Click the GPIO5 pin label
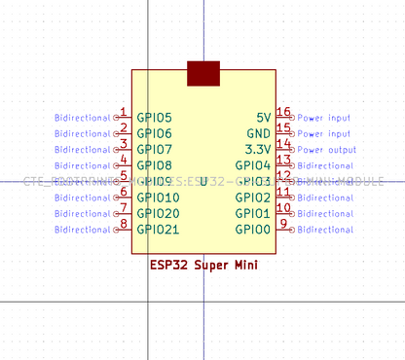pyautogui.click(x=154, y=118)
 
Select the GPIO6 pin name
pyautogui.click(x=154, y=133)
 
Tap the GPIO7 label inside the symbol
pyautogui.click(x=154, y=150)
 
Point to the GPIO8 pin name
pyautogui.click(x=154, y=166)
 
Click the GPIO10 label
pyautogui.click(x=158, y=198)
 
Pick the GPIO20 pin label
pyautogui.click(x=158, y=213)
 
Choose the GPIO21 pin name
pyautogui.click(x=158, y=230)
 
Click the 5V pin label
pyautogui.click(x=263, y=118)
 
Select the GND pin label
pyautogui.click(x=258, y=133)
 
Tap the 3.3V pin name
pyautogui.click(x=257, y=150)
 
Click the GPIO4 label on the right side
pyautogui.click(x=253, y=166)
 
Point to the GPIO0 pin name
pyautogui.click(x=253, y=230)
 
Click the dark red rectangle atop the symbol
pyautogui.click(x=203, y=74)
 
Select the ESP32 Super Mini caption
pyautogui.click(x=203, y=264)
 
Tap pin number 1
pyautogui.click(x=123, y=112)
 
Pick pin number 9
pyautogui.click(x=283, y=224)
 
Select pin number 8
pyautogui.click(x=123, y=224)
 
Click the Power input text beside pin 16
pyautogui.click(x=324, y=118)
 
